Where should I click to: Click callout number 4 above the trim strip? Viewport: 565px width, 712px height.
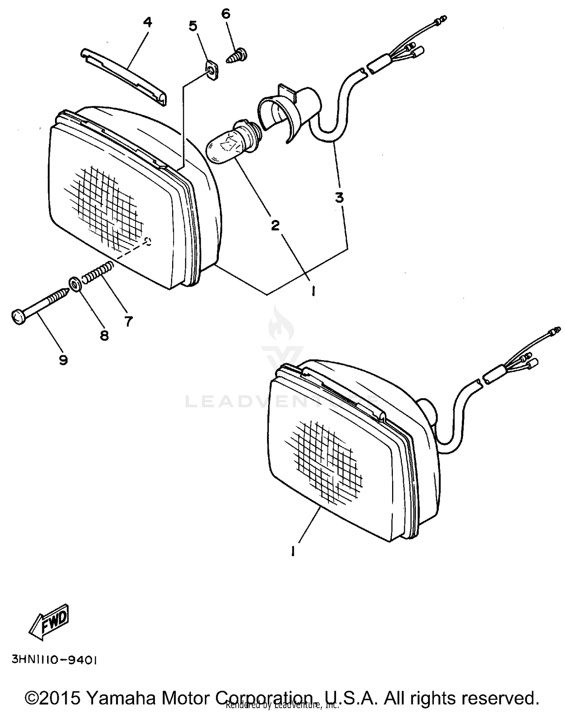pos(148,23)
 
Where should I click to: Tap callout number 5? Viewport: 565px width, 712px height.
pos(192,26)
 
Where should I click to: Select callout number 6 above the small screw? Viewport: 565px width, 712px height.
pos(225,14)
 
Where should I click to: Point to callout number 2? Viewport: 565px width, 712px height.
pos(275,225)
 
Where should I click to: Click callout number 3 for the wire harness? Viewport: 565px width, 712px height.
pos(339,197)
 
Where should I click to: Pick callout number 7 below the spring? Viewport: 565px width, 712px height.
pos(129,321)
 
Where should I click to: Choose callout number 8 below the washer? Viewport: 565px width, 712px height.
pos(104,335)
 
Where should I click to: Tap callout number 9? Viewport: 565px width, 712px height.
pos(63,360)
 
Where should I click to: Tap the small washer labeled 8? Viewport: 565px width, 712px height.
pos(75,284)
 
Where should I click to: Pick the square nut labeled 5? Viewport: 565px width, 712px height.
pos(212,70)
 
